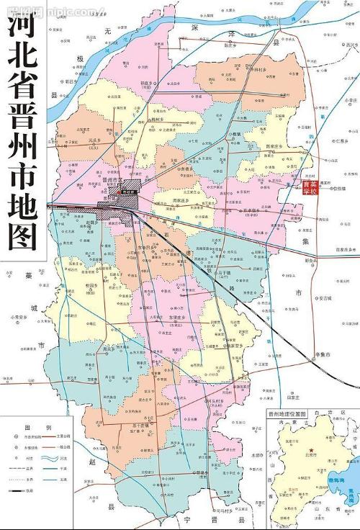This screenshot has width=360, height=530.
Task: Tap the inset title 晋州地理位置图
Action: coord(287,415)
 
